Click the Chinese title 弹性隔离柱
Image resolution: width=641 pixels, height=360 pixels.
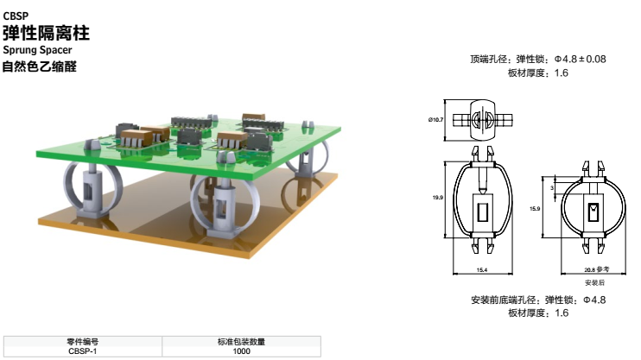[x=46, y=35]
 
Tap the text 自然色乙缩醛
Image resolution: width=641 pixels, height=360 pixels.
[x=39, y=66]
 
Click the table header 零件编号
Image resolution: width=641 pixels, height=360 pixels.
[x=82, y=342]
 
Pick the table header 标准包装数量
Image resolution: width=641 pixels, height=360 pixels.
[x=241, y=342]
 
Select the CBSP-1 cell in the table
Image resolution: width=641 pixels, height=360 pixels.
[x=82, y=351]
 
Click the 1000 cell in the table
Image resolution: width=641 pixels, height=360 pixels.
[x=241, y=351]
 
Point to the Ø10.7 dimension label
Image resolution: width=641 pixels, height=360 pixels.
[x=435, y=119]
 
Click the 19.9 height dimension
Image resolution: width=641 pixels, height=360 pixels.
[x=437, y=199]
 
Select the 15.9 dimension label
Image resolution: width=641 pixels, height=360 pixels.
[x=536, y=208]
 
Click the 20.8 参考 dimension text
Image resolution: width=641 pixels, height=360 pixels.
[x=594, y=271]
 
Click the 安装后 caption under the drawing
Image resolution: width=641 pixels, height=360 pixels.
[x=594, y=282]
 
